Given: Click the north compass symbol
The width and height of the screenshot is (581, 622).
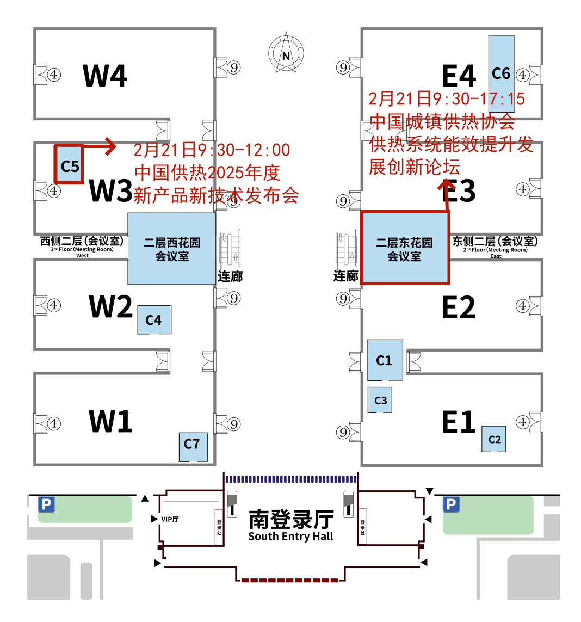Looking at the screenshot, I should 286,54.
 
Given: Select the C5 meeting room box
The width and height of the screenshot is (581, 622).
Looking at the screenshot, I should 69,164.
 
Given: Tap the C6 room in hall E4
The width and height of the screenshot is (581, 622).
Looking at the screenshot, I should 501,73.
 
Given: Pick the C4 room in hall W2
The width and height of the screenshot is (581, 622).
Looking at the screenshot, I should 154,320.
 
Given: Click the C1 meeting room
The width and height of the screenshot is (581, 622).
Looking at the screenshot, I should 385,360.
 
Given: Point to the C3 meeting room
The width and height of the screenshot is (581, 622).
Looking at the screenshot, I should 380,400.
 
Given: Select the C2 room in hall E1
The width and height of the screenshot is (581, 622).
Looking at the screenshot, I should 494,439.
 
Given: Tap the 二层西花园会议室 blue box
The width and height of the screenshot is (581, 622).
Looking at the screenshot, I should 172,249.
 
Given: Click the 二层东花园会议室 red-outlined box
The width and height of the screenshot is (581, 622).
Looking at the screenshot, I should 405,249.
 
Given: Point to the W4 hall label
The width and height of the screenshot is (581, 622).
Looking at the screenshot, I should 105,76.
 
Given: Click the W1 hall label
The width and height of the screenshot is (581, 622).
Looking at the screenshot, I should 110,421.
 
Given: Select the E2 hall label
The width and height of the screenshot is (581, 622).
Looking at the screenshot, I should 458,307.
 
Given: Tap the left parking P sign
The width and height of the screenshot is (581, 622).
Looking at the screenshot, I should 46,505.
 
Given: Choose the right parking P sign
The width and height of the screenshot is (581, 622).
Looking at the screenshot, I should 451,505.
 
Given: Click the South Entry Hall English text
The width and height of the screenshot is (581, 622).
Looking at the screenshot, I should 290,537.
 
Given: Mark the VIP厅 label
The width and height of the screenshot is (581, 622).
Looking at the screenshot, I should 170,519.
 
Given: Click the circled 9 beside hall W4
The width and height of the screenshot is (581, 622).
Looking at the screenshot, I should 234,67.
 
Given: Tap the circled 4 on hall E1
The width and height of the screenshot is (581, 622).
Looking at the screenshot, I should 523,422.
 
